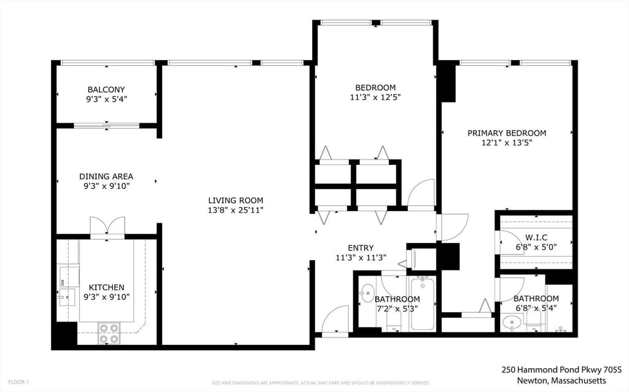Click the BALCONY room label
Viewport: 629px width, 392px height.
click(106, 90)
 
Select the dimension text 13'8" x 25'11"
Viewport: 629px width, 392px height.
click(235, 210)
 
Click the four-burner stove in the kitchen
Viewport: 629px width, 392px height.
click(109, 333)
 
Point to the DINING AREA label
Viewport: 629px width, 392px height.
click(106, 176)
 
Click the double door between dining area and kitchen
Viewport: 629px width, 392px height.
click(107, 226)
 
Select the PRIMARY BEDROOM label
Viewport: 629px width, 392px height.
click(506, 133)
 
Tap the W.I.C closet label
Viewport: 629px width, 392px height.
click(536, 237)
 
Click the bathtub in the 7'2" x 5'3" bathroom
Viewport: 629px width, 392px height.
click(423, 303)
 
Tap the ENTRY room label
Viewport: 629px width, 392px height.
click(361, 248)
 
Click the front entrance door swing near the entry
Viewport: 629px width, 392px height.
click(335, 320)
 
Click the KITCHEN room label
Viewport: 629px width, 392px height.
click(106, 287)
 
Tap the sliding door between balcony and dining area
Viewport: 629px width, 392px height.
click(107, 126)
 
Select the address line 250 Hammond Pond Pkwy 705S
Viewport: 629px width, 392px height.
click(561, 370)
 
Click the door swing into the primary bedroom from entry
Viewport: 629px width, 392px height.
click(453, 226)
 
